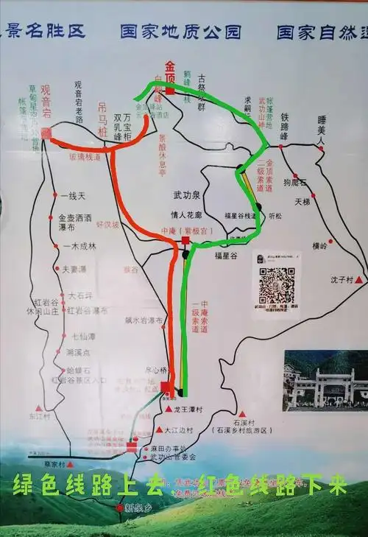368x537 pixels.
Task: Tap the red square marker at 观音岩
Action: point(46,133)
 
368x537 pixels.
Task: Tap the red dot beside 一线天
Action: point(54,195)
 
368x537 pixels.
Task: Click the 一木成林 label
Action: point(79,247)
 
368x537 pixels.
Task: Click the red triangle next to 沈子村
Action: point(358,281)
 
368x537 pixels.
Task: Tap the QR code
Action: point(277,286)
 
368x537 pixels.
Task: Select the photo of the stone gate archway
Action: point(325,380)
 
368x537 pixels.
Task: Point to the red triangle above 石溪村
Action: point(241,415)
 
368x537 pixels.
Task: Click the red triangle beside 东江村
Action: point(39,407)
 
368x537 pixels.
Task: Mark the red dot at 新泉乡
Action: point(119,508)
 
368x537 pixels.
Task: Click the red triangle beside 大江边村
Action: point(159,429)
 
